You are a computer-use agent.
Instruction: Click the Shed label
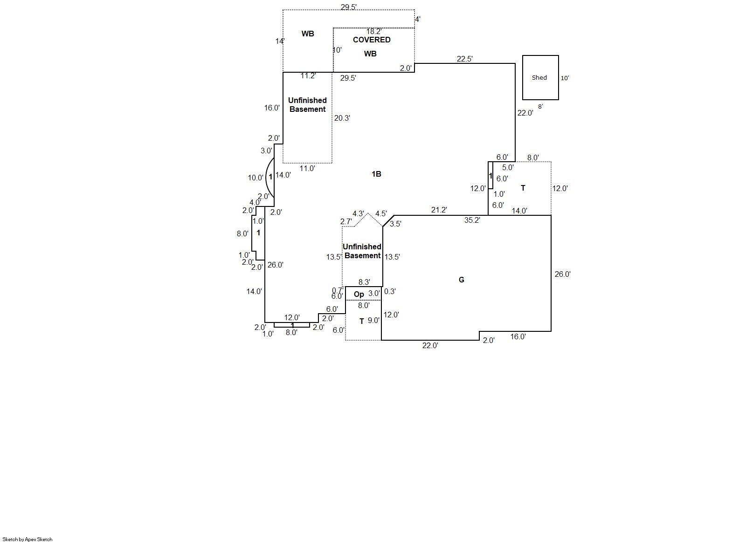click(x=539, y=78)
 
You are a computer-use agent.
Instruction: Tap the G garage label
click(x=461, y=280)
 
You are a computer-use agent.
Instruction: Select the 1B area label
click(x=376, y=174)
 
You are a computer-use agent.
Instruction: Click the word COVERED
click(x=372, y=40)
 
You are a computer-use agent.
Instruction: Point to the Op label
click(x=359, y=294)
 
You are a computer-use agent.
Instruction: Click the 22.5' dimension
click(x=464, y=59)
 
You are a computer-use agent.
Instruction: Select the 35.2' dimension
click(x=472, y=220)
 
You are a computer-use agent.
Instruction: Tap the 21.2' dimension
click(x=439, y=210)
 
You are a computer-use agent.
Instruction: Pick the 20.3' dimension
click(x=342, y=118)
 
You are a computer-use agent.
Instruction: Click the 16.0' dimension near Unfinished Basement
click(x=272, y=108)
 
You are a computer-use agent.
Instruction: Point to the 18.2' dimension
click(x=373, y=32)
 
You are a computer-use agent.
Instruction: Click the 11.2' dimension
click(x=308, y=76)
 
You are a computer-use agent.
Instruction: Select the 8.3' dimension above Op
click(x=364, y=282)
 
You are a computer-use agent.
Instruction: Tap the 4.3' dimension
click(x=358, y=214)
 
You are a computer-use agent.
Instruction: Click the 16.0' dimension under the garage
click(x=518, y=336)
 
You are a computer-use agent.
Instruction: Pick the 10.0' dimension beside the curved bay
click(x=256, y=178)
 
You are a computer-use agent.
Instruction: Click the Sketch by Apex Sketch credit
click(x=28, y=539)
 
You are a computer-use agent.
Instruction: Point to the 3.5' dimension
click(x=395, y=224)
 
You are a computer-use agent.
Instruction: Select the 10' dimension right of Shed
click(x=565, y=78)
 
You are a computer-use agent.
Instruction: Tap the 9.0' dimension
click(x=373, y=321)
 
